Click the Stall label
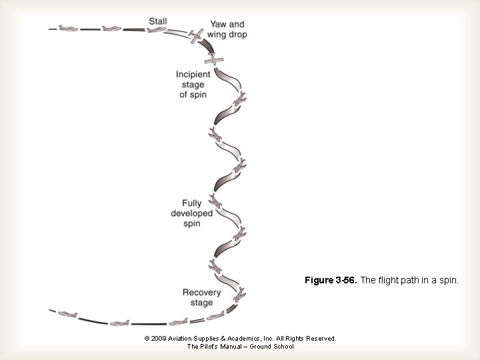pyautogui.click(x=159, y=21)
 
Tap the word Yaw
pyautogui.click(x=217, y=25)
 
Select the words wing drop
pyautogui.click(x=227, y=34)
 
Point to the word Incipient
pyautogui.click(x=193, y=74)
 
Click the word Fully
pyautogui.click(x=192, y=203)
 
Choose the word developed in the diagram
pyautogui.click(x=192, y=213)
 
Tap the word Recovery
pyautogui.click(x=201, y=292)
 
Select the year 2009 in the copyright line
pyautogui.click(x=161, y=339)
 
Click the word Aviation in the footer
pyautogui.click(x=184, y=339)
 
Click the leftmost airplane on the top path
pyautogui.click(x=67, y=28)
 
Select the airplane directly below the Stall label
pyautogui.click(x=157, y=30)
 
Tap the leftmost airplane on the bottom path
pyautogui.click(x=67, y=314)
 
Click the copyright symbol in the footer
pyautogui.click(x=147, y=339)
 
